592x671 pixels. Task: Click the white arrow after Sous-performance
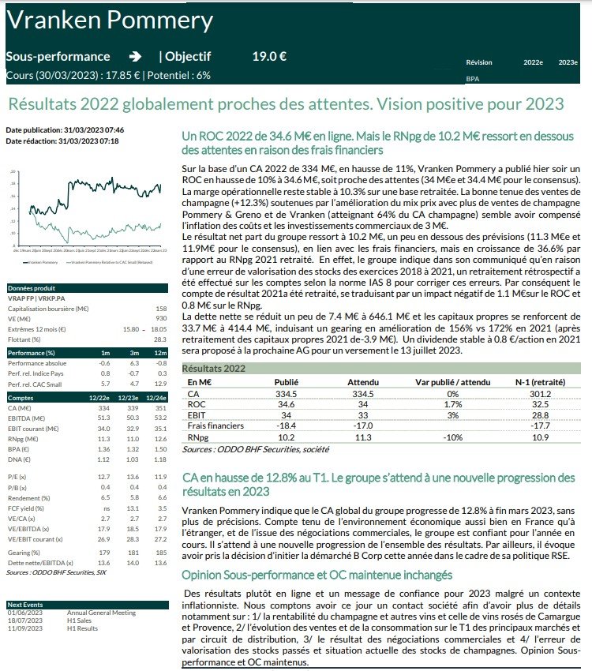coord(135,57)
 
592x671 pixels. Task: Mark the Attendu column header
coord(363,381)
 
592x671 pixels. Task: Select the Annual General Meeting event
coord(101,613)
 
